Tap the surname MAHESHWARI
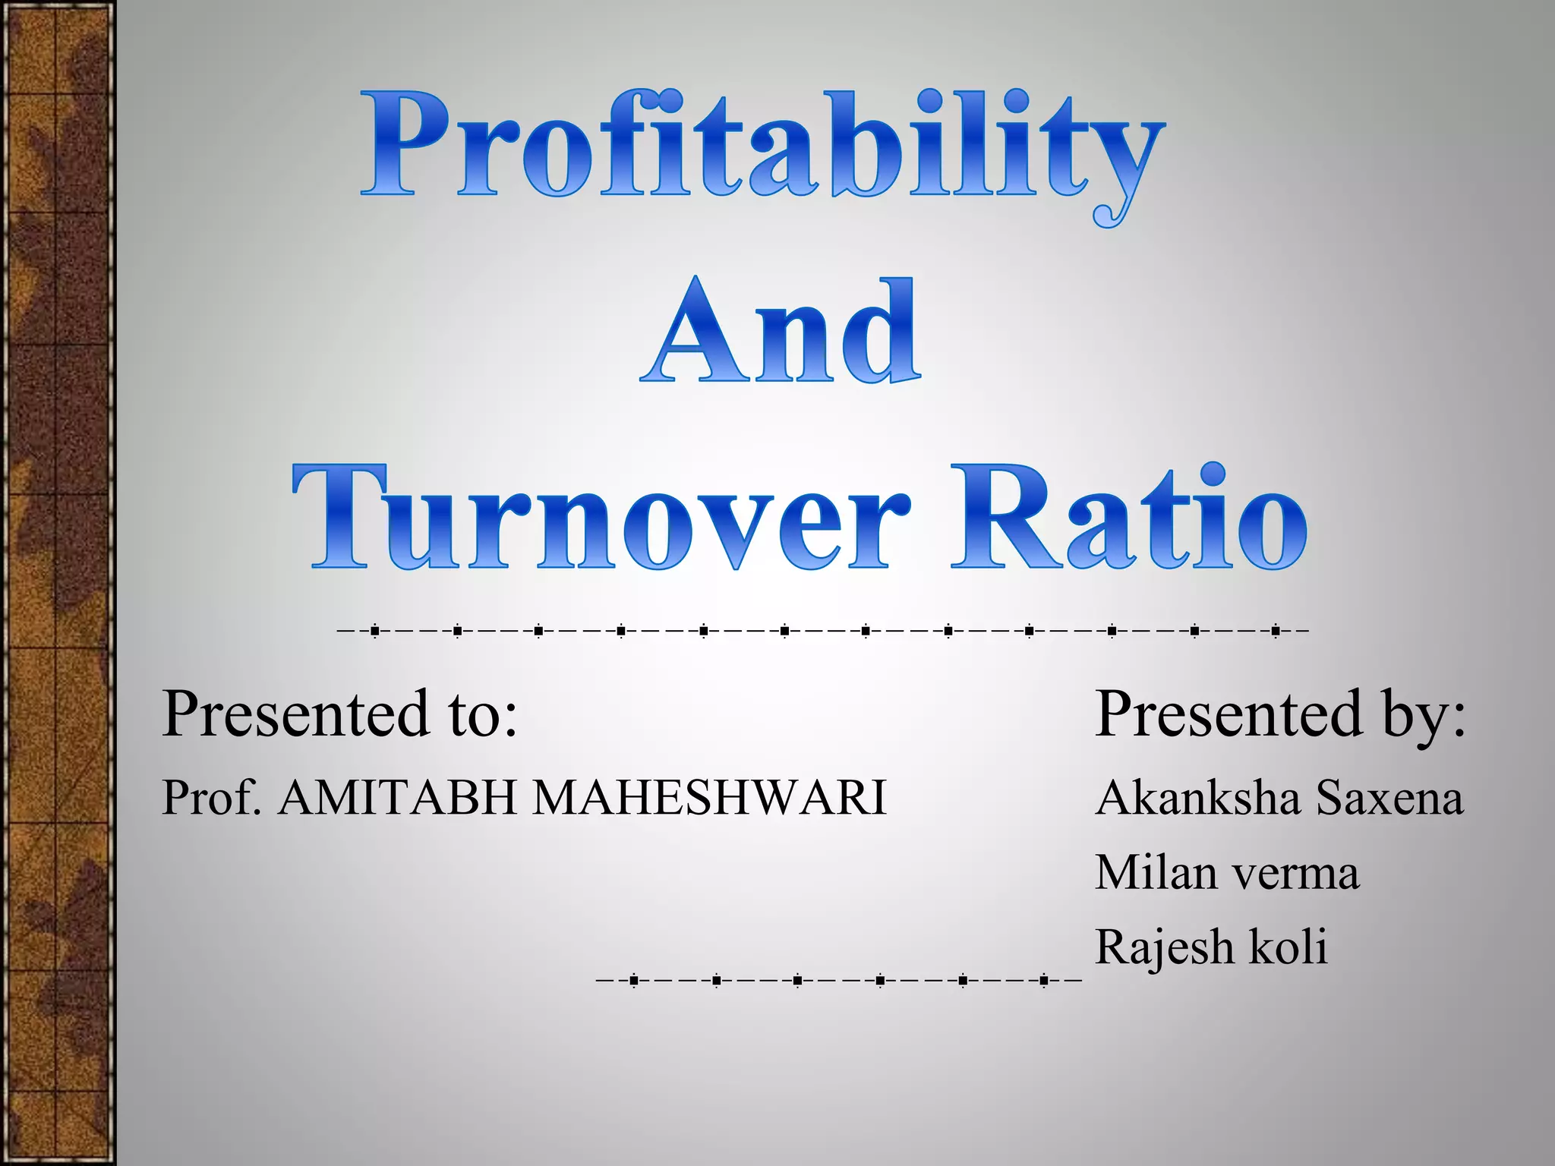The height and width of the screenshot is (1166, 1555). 709,798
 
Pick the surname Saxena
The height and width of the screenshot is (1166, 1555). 1389,798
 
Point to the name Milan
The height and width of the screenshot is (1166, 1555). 1157,872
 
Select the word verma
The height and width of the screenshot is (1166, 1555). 1295,874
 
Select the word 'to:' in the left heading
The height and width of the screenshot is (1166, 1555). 483,715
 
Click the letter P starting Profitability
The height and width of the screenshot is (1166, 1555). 403,144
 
